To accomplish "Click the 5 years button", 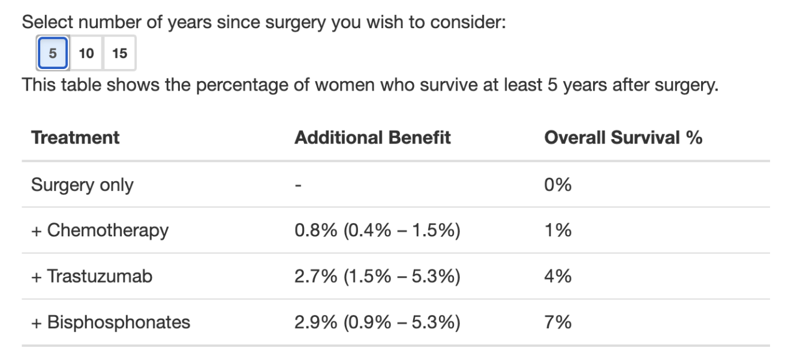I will point(53,53).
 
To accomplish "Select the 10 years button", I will point(86,53).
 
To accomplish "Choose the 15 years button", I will point(120,53).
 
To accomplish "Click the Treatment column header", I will point(76,137).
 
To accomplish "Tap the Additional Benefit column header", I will point(372,137).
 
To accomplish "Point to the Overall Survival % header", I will point(623,137).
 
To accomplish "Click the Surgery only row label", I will point(82,184).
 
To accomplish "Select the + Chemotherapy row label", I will point(100,230).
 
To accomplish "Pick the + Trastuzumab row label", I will point(92,276).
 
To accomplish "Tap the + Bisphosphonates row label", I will point(110,322).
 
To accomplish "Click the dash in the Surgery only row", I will point(298,184).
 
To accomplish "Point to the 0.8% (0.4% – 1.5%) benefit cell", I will point(377,230).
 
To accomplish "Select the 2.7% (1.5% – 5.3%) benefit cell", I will point(377,276).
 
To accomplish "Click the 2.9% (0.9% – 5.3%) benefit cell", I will point(377,322).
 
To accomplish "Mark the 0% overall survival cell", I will point(558,184).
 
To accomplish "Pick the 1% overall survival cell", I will point(558,230).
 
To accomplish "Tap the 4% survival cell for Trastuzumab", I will point(558,276).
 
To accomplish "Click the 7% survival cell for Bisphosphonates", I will point(558,322).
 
